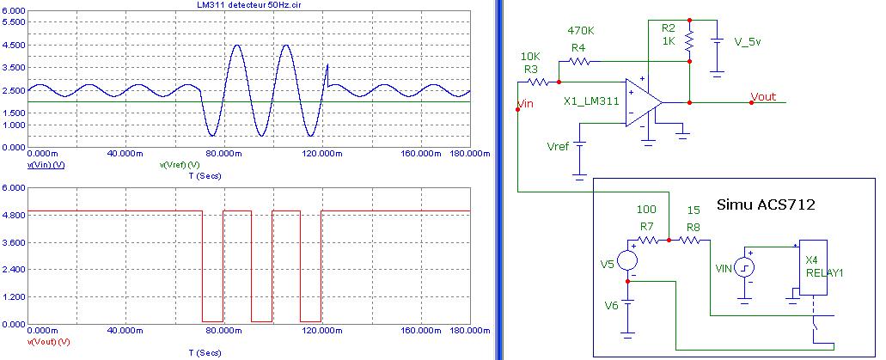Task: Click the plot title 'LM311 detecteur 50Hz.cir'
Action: coord(248,7)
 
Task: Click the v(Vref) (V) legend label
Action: coord(180,163)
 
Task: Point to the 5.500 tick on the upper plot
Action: coord(14,21)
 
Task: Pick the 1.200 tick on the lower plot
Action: coord(14,297)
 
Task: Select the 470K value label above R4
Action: coord(580,32)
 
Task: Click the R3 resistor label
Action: coord(530,68)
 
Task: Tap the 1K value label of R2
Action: coord(669,40)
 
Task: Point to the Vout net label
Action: coord(766,96)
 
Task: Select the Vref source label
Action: coord(558,148)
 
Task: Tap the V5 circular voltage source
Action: coord(629,259)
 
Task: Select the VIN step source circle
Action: coord(746,265)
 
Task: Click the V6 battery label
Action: coord(611,305)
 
